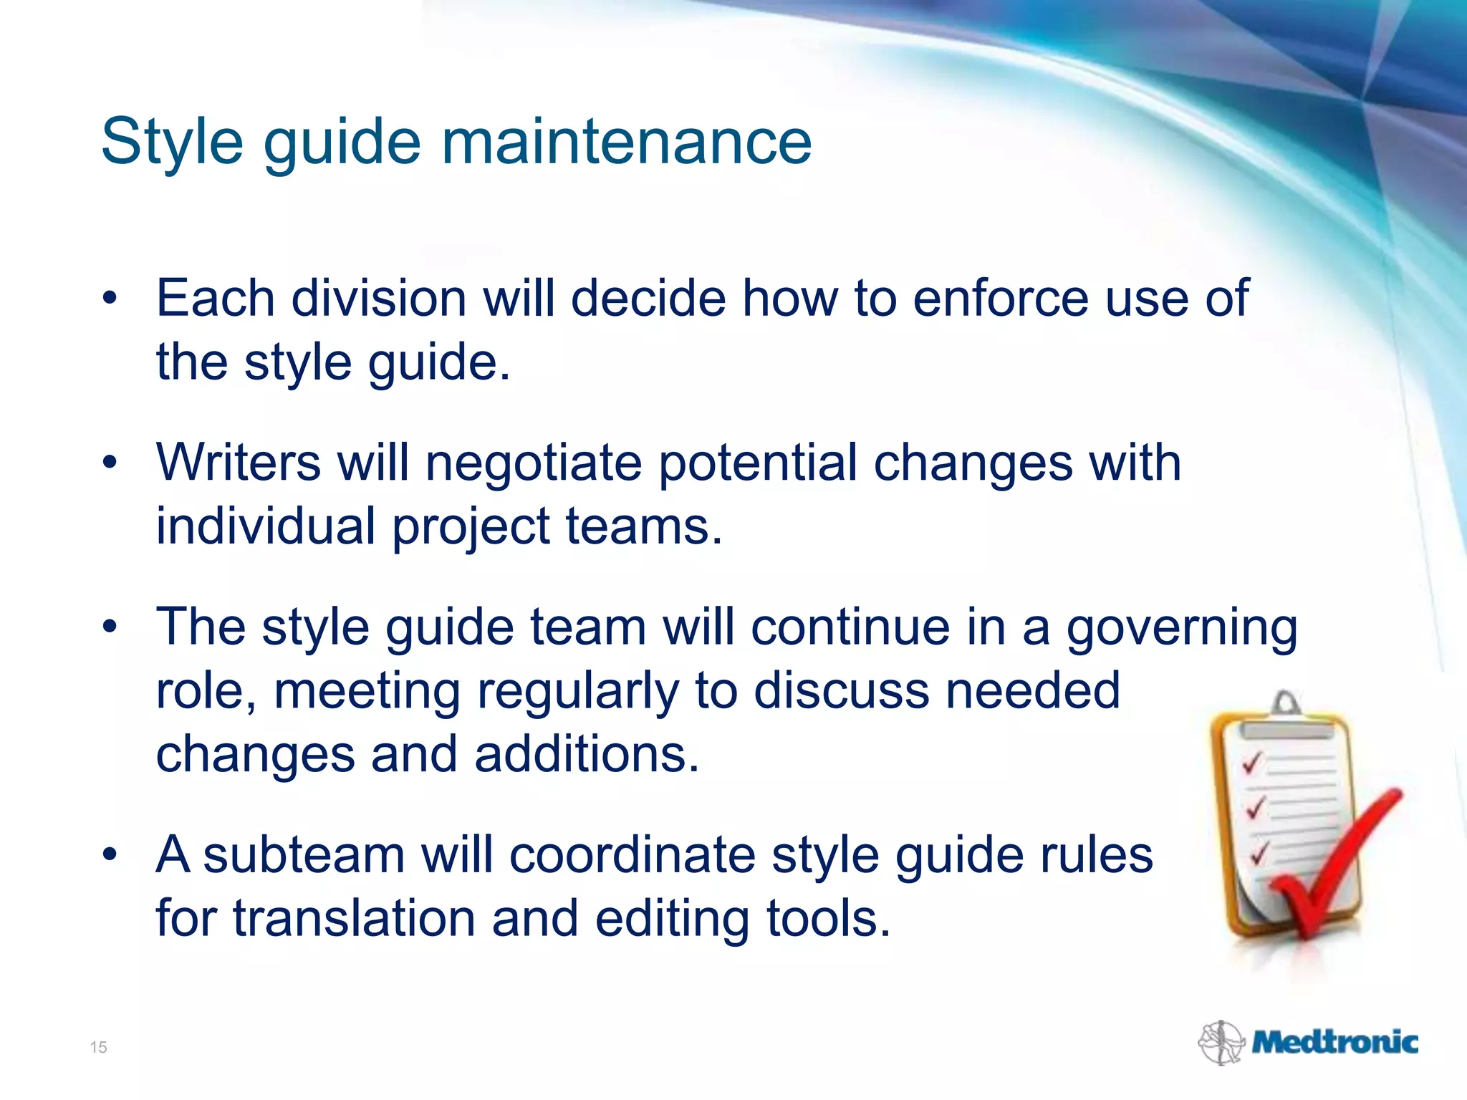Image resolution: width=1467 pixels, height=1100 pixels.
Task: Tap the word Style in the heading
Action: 172,142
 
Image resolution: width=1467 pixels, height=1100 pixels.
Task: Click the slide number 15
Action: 98,1048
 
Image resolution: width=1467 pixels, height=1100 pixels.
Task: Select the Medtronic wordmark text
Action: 1334,1043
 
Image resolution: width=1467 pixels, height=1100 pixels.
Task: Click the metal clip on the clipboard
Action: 1286,709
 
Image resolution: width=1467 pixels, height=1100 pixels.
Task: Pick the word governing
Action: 1182,627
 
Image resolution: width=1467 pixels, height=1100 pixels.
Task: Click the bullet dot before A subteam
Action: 109,855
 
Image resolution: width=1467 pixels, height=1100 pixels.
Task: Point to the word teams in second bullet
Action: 643,526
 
